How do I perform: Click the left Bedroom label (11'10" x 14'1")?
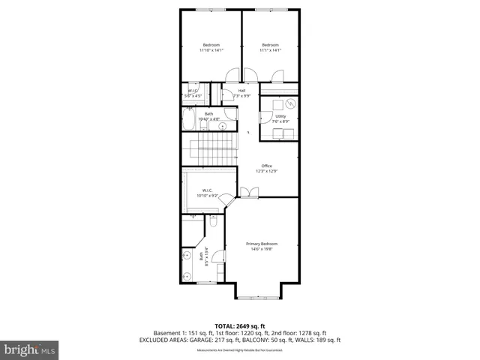211,47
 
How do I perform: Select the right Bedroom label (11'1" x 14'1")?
270,47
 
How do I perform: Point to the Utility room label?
280,118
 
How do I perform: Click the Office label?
266,168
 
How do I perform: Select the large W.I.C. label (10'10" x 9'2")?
207,193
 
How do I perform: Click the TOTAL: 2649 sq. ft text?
239,325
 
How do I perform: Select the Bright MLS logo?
30,349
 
